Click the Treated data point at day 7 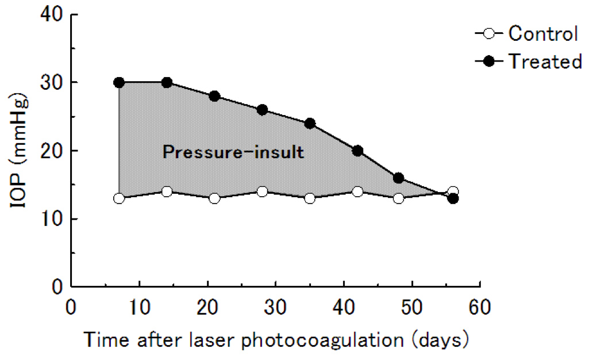click(x=119, y=82)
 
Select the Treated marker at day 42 click(x=357, y=151)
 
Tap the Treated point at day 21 click(x=214, y=96)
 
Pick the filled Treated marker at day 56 click(x=453, y=198)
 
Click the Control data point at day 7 click(x=119, y=198)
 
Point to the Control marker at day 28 click(x=262, y=192)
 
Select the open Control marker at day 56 click(x=453, y=192)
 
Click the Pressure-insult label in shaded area click(x=232, y=153)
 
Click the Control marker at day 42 click(x=357, y=192)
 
